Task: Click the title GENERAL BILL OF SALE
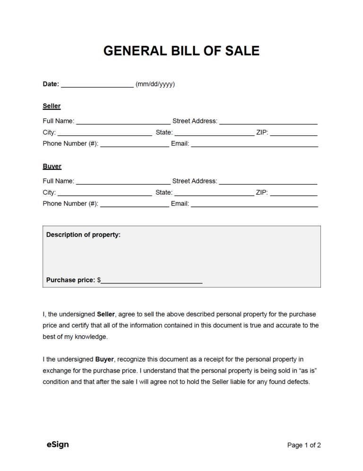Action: (181, 51)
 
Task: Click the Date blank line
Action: (97, 85)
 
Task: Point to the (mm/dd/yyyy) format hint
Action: (155, 84)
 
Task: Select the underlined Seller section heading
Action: (52, 106)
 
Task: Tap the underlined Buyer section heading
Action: (52, 166)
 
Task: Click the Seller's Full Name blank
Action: (123, 122)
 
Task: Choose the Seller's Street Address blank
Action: (268, 122)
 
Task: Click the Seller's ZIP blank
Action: (294, 133)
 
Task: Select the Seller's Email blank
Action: (254, 145)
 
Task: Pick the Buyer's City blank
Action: (104, 194)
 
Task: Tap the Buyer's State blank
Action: (214, 194)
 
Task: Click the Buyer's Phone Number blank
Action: (135, 205)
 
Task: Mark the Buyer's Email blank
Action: (254, 205)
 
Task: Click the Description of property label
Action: (83, 234)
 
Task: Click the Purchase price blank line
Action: (152, 281)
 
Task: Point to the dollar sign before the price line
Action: (99, 280)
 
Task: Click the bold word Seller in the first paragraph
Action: (106, 314)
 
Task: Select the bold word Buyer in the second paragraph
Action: (104, 359)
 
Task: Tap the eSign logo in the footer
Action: (58, 444)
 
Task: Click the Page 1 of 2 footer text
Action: (304, 445)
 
